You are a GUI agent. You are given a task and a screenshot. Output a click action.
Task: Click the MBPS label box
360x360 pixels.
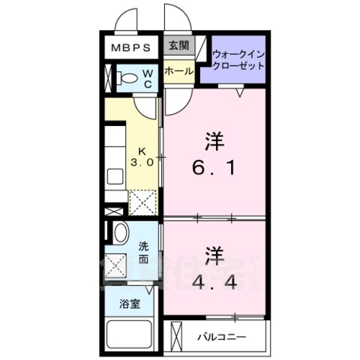click(x=131, y=47)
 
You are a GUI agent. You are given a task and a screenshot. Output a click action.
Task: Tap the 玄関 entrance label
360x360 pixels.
click(x=176, y=45)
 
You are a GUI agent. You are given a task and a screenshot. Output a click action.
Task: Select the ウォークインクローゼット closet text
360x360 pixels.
click(x=238, y=60)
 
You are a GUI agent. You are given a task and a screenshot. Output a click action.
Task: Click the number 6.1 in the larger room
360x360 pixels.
click(x=215, y=168)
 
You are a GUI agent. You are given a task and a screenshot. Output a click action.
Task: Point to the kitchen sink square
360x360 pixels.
click(x=115, y=177)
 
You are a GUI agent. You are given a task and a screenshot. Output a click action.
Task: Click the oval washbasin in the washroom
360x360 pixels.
click(x=121, y=232)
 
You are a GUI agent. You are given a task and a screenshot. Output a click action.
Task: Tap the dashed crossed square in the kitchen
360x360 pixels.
click(x=142, y=202)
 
